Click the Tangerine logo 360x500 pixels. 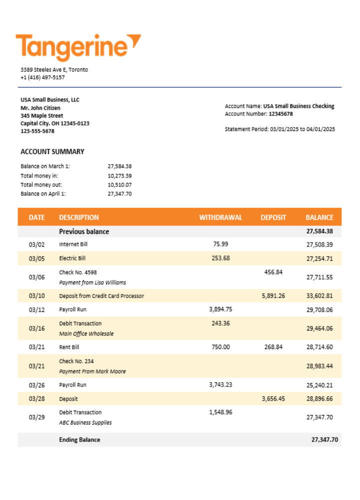click(78, 47)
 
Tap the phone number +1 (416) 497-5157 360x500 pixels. click(42, 77)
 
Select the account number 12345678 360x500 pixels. click(280, 114)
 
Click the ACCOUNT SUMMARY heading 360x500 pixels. click(52, 151)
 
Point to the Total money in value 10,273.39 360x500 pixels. click(119, 175)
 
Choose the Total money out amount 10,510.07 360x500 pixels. click(119, 184)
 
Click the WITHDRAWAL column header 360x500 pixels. click(220, 217)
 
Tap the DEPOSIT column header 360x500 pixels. click(273, 217)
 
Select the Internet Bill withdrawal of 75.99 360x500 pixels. click(220, 244)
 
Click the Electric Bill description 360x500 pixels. click(72, 258)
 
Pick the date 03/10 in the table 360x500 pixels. click(36, 296)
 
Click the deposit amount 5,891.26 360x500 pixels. click(273, 296)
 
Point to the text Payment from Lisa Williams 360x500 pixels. click(92, 282)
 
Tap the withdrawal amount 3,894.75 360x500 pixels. click(220, 309)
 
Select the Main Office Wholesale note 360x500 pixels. click(86, 333)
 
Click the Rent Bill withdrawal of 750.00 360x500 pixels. click(220, 347)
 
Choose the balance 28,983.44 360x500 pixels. click(319, 366)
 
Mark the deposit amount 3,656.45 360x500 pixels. click(273, 399)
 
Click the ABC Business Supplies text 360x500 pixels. click(85, 422)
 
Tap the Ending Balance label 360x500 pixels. click(79, 440)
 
